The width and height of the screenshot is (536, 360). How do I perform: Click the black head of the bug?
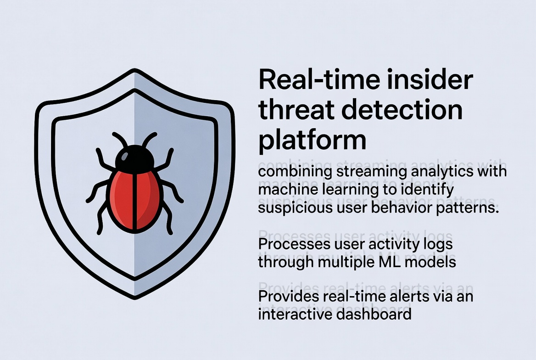pos(134,158)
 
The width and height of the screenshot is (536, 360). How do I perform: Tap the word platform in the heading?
pos(313,140)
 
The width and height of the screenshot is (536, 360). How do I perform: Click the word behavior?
pos(395,207)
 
